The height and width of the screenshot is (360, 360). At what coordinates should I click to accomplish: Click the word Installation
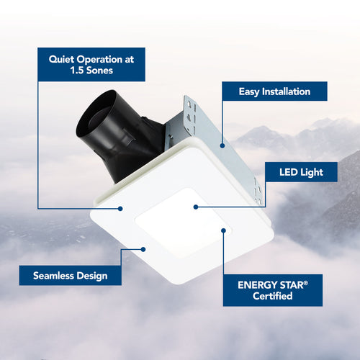(x=286, y=91)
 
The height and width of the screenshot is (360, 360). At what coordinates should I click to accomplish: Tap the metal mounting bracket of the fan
(x=189, y=122)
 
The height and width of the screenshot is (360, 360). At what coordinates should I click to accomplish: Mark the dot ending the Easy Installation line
(x=222, y=145)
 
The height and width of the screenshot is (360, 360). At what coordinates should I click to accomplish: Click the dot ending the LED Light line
(x=196, y=207)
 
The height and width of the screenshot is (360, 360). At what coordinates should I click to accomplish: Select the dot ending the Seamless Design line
(x=144, y=250)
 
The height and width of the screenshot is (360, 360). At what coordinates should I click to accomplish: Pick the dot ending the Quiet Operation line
(x=121, y=208)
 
